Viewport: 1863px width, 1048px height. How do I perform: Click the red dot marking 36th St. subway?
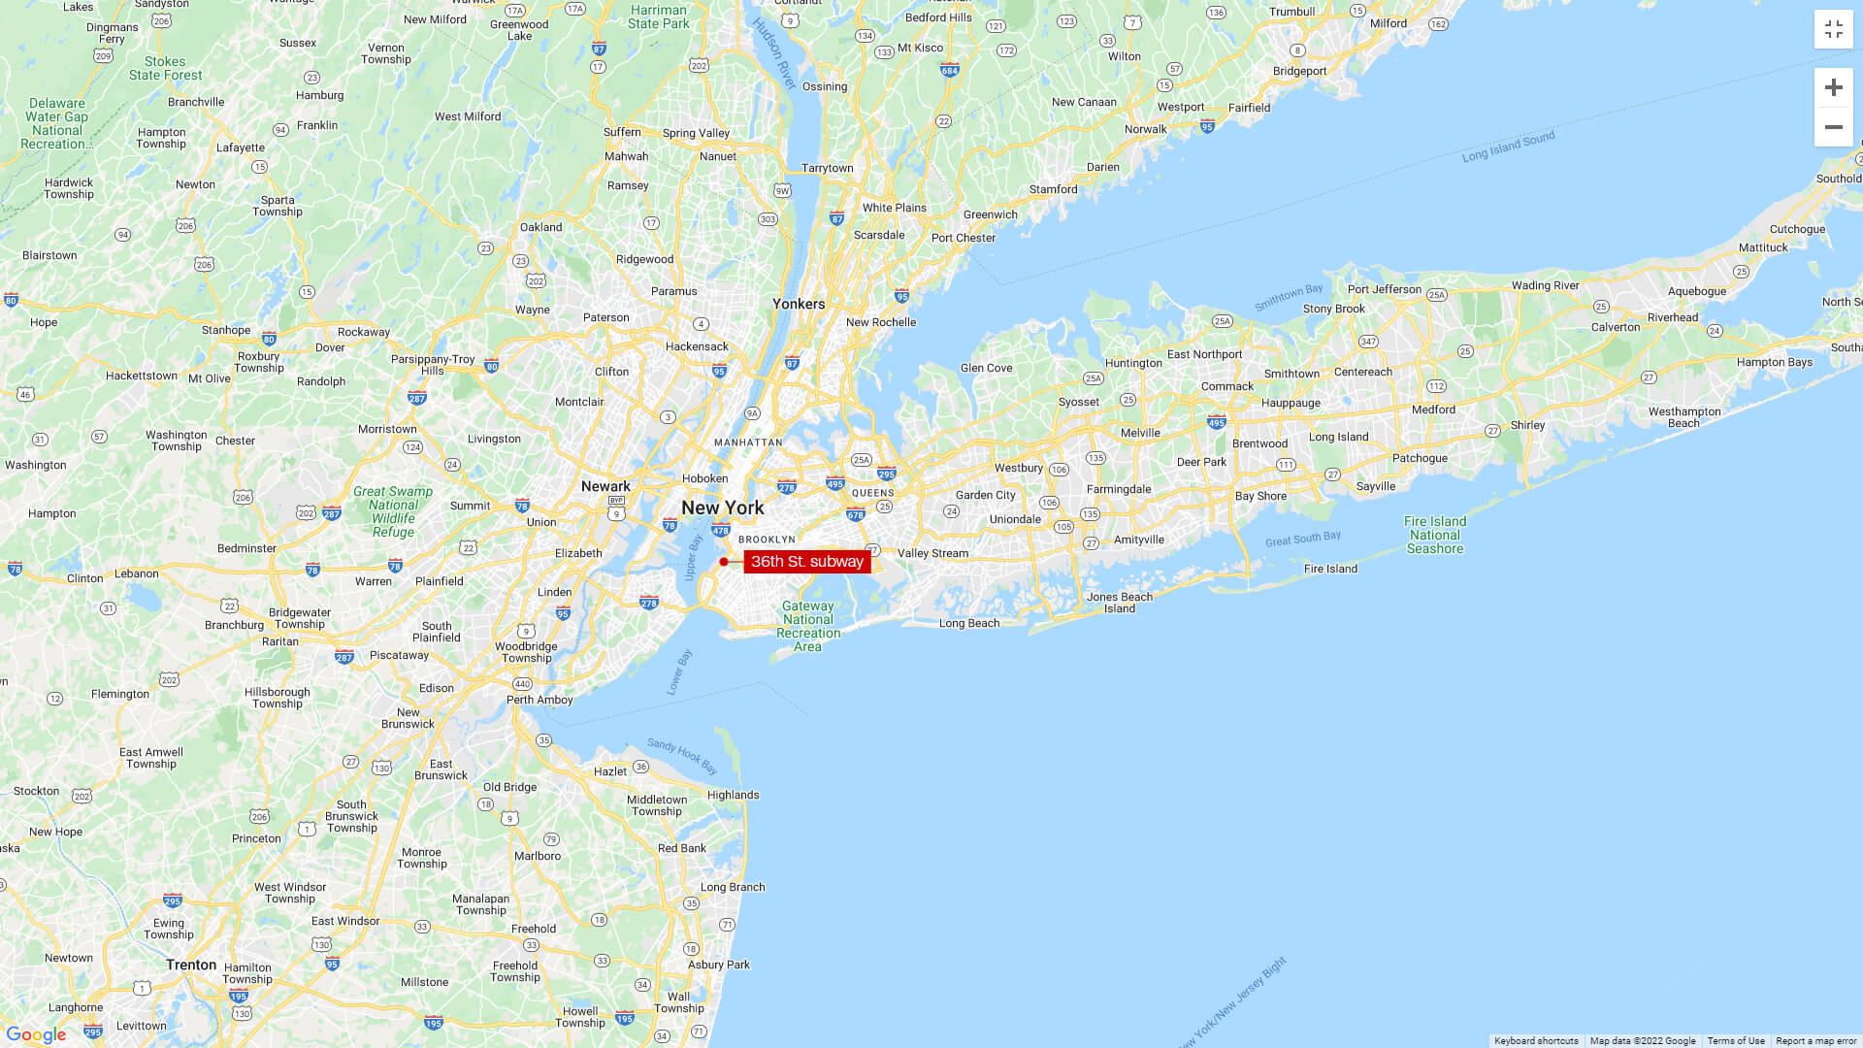click(724, 562)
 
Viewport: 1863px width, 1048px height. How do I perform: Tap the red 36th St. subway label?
click(806, 562)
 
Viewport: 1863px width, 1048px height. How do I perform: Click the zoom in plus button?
click(1833, 87)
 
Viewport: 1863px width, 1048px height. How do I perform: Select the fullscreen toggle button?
click(1833, 30)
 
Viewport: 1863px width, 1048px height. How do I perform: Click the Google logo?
click(36, 1034)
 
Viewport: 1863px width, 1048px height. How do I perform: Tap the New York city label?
click(722, 508)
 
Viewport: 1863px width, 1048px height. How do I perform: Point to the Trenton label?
click(191, 965)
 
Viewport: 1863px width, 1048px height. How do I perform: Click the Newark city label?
click(605, 486)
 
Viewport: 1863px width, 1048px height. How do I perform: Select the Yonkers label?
click(799, 304)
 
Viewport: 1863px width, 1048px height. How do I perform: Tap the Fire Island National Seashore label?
click(1435, 535)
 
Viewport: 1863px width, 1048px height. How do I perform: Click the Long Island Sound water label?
click(1508, 147)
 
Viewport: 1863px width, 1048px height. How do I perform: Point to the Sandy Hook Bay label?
click(682, 757)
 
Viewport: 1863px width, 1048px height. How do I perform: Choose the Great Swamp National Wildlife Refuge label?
click(393, 511)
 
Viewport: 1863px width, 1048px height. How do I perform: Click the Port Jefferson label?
click(1384, 289)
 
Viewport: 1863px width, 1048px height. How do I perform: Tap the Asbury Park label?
click(719, 965)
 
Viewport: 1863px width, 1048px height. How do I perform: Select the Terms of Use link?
click(1736, 1041)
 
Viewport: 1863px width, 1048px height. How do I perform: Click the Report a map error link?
click(1815, 1041)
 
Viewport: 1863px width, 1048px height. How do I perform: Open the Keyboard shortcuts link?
click(1536, 1041)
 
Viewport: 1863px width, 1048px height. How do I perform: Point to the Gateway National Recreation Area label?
click(808, 626)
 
